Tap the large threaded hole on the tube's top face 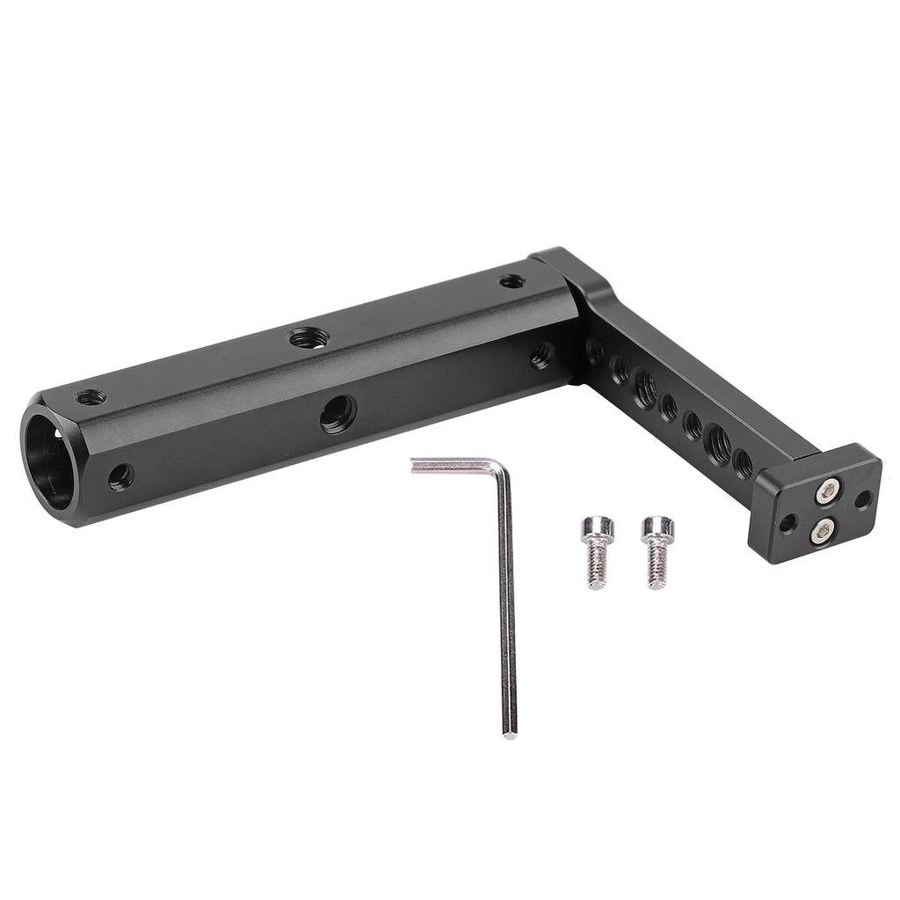point(309,337)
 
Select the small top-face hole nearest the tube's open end point(91,398)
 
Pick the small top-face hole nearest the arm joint point(512,282)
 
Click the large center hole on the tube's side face point(338,413)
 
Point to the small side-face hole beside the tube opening point(121,476)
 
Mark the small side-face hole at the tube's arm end point(541,355)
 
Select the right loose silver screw point(657,552)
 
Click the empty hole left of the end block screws point(788,523)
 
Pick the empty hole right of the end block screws point(862,499)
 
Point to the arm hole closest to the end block point(743,462)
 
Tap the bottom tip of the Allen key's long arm point(510,732)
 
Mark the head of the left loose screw point(594,530)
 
